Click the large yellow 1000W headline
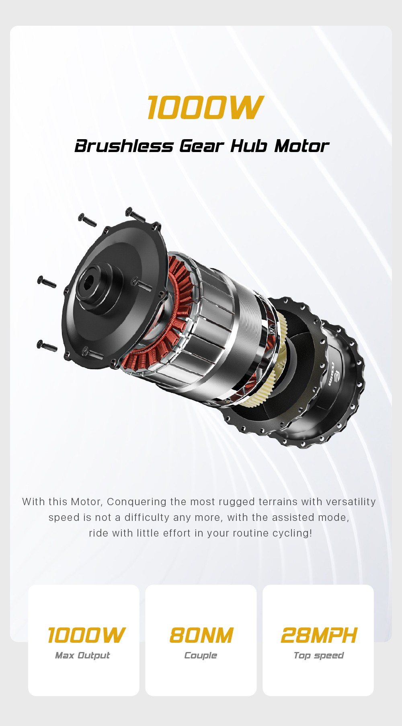(205, 107)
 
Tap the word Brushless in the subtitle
(124, 146)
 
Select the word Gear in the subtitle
(201, 146)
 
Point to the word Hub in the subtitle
(248, 146)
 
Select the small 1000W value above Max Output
(86, 635)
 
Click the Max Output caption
(82, 656)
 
